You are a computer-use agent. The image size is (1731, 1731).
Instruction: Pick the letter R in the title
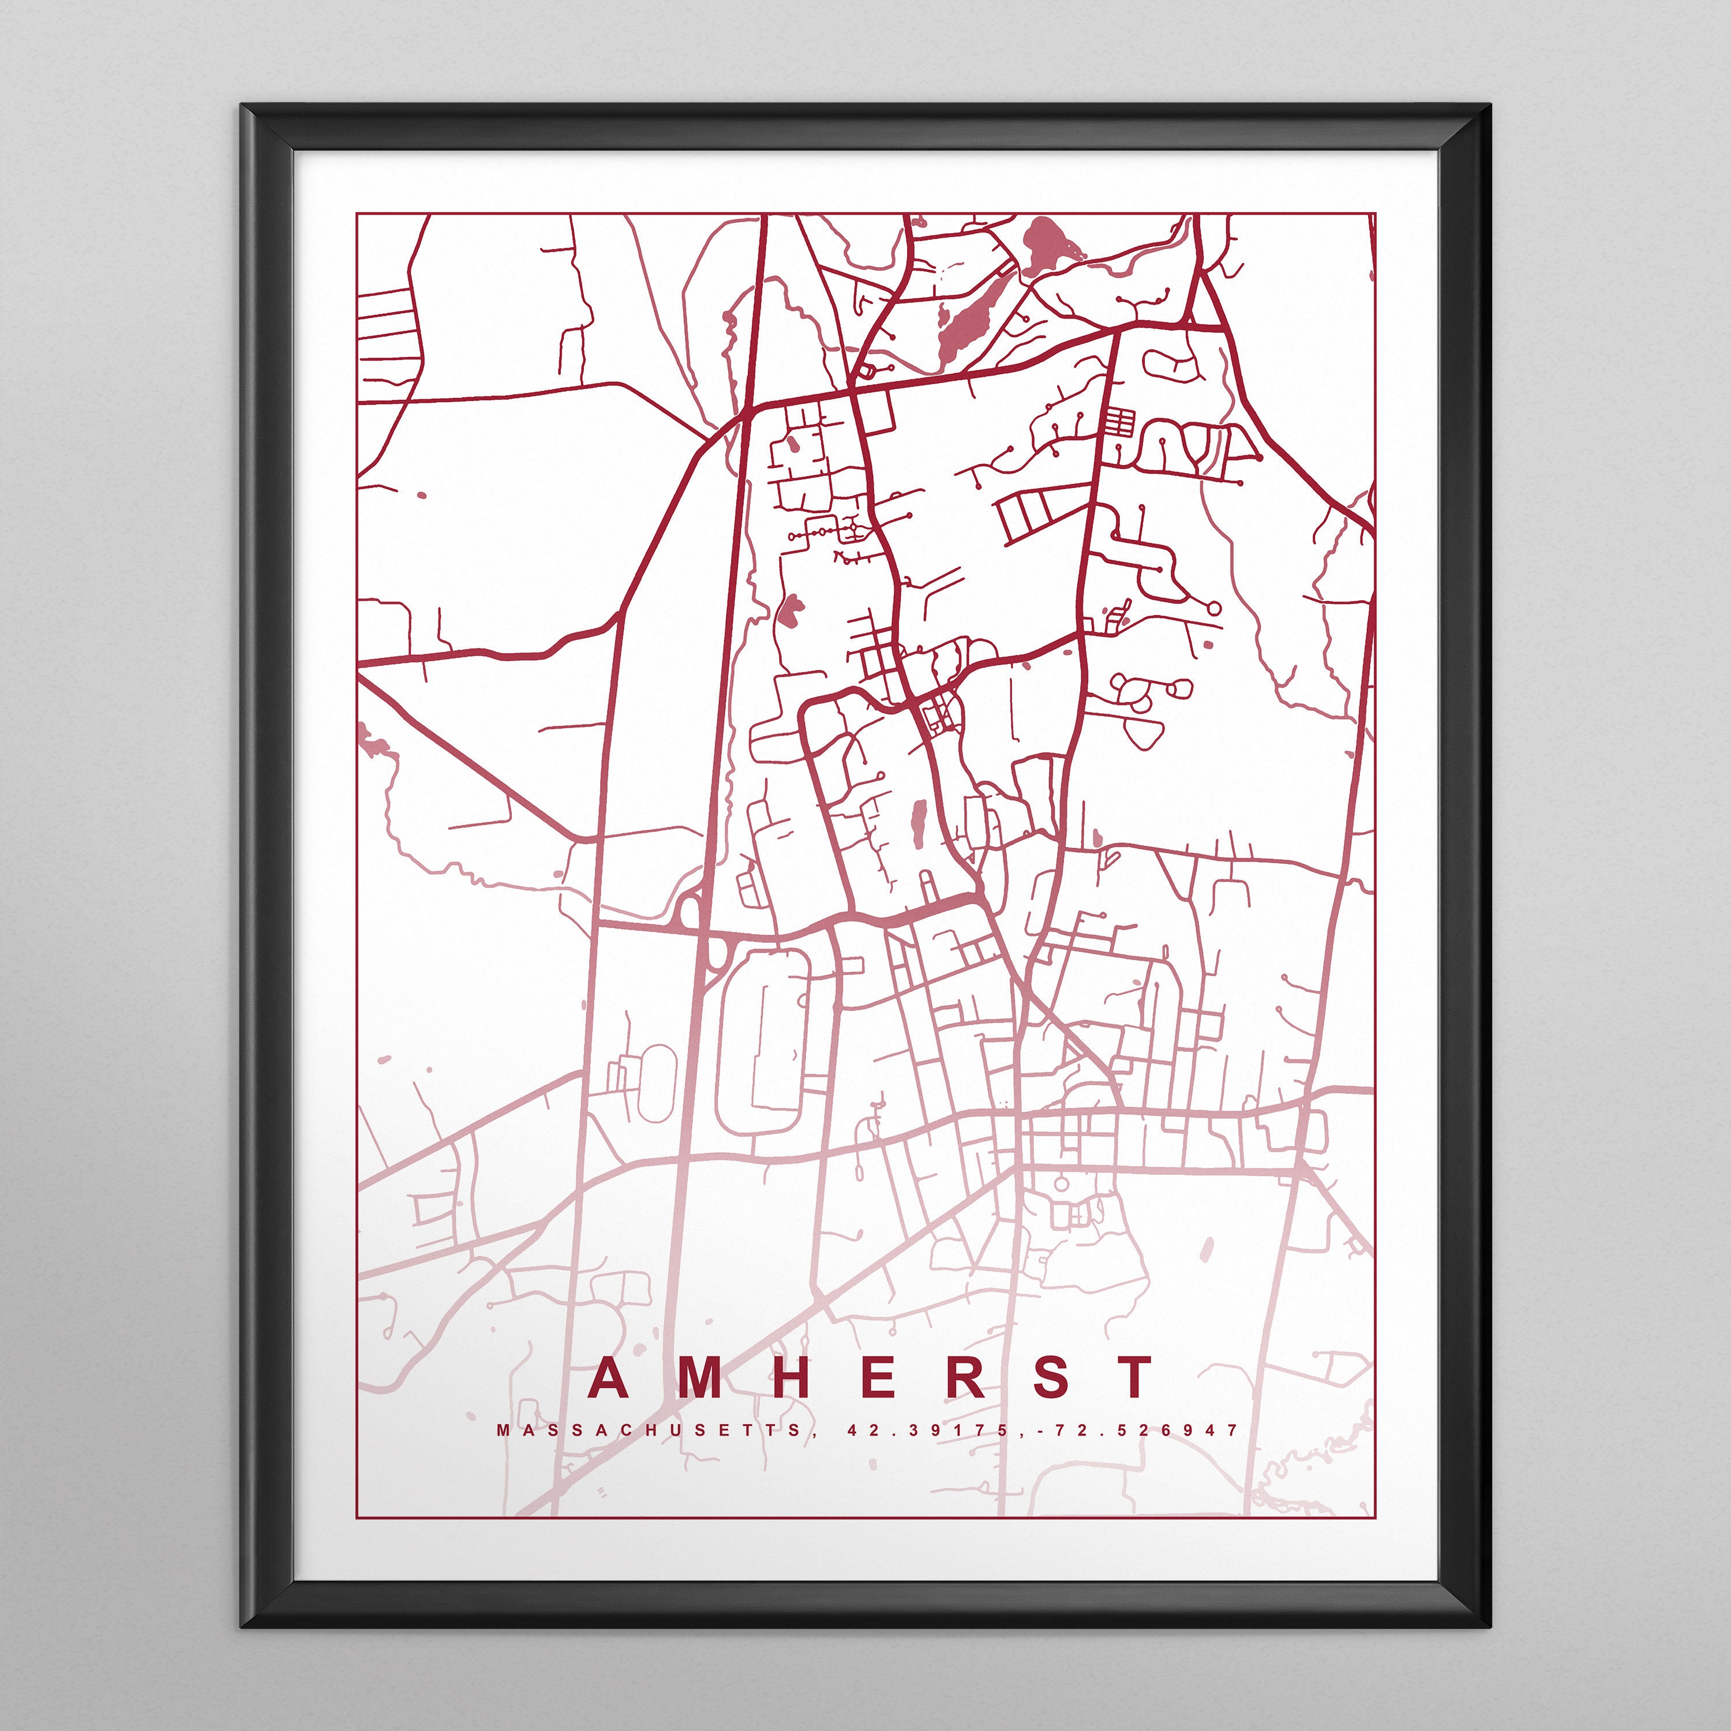964,1377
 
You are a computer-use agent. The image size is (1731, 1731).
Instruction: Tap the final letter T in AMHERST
1134,1377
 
